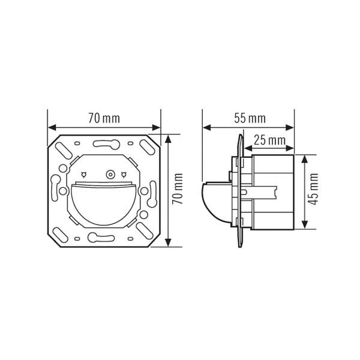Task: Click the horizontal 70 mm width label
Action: tap(104, 118)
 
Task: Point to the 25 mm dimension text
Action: tap(269, 140)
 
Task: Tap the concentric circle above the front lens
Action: tap(109, 175)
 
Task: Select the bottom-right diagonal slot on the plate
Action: tap(144, 229)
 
